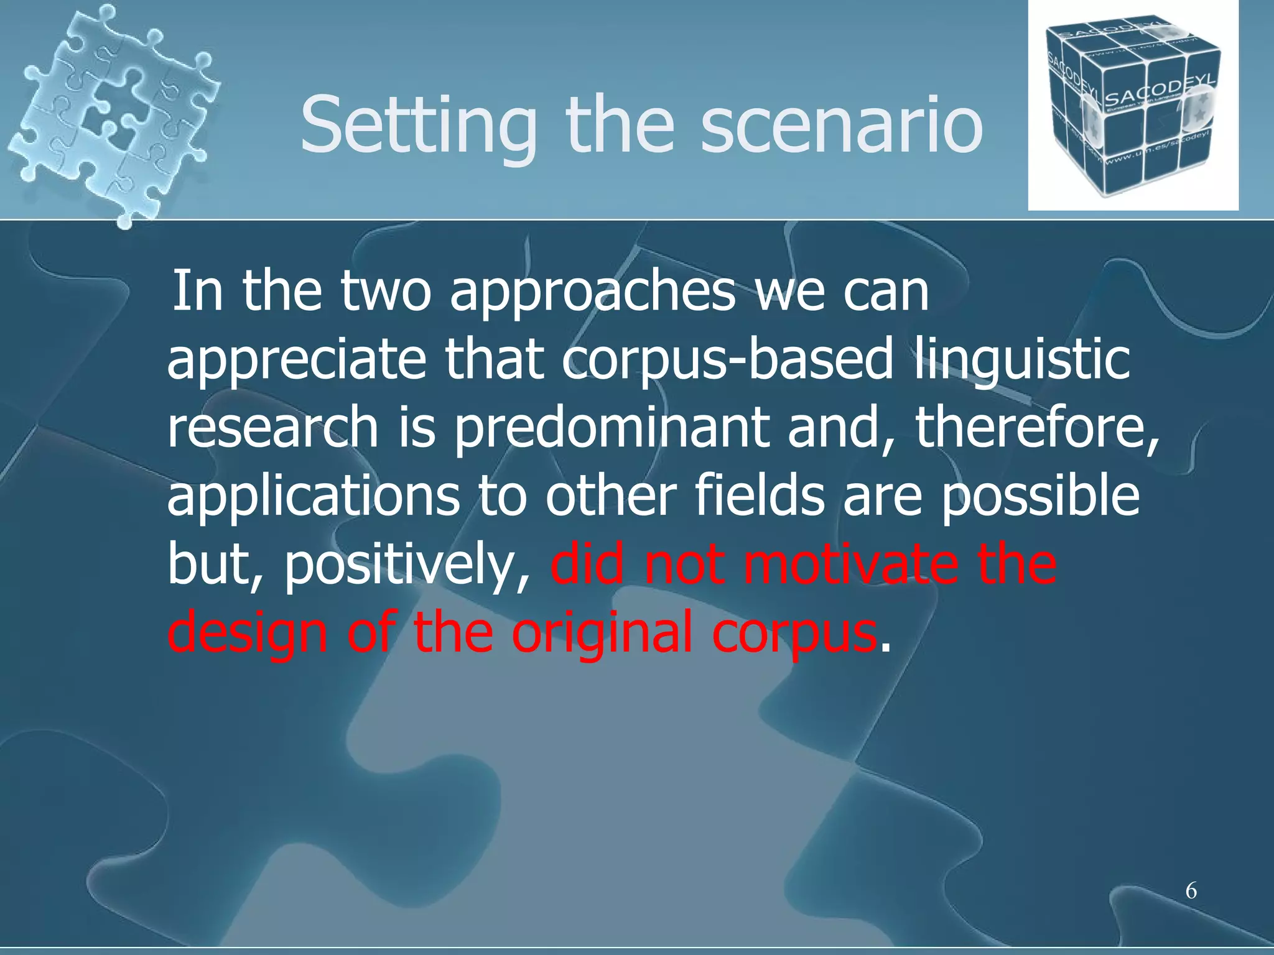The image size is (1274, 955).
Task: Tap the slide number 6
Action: tap(1191, 891)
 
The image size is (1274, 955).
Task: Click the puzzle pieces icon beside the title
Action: tap(112, 112)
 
